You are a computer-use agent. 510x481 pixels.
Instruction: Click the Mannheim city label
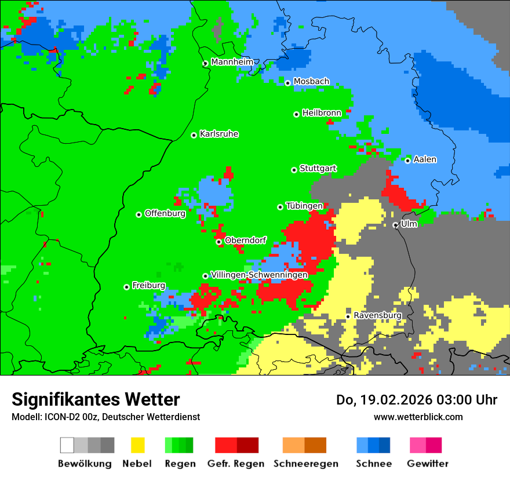(x=232, y=62)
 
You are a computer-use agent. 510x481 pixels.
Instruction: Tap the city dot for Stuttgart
(x=294, y=170)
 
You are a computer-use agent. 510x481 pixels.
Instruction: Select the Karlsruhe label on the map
(x=218, y=134)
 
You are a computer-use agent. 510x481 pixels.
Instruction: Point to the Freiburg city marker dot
(x=126, y=287)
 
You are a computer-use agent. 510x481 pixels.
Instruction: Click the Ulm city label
(x=409, y=224)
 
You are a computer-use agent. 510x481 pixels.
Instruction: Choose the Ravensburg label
(x=377, y=316)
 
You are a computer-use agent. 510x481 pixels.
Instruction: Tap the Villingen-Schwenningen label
(x=259, y=275)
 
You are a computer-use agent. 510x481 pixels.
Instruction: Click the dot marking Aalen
(x=407, y=161)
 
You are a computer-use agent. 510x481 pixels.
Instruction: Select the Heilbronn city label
(x=322, y=113)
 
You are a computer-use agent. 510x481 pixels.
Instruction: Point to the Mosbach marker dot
(x=287, y=83)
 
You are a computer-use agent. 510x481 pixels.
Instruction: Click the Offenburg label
(x=165, y=213)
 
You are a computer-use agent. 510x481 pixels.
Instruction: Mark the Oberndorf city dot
(x=218, y=242)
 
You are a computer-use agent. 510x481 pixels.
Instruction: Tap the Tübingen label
(x=304, y=206)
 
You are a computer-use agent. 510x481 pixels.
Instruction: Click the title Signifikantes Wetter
(x=96, y=399)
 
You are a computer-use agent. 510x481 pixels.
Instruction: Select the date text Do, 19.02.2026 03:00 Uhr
(x=417, y=400)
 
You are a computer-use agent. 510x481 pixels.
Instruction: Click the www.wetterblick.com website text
(x=418, y=417)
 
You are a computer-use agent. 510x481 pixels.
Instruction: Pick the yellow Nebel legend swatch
(x=138, y=445)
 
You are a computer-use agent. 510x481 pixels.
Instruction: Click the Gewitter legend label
(x=428, y=464)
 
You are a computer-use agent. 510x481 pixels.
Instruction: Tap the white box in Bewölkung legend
(x=67, y=445)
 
